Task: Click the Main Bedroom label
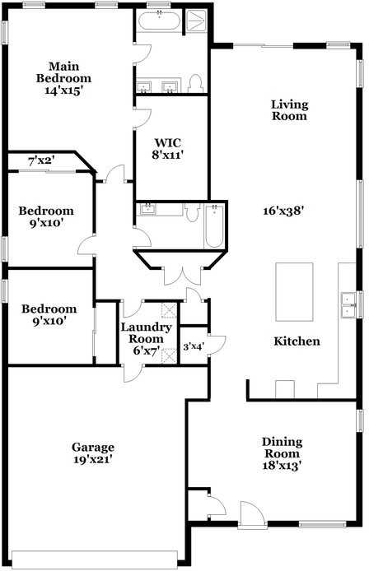[x=63, y=72]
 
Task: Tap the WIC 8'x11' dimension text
[x=167, y=156]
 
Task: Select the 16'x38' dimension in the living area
[x=283, y=211]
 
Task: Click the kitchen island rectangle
[x=294, y=292]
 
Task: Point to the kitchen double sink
[x=348, y=304]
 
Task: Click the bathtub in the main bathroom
[x=160, y=22]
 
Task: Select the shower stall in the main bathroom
[x=196, y=21]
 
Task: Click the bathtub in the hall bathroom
[x=214, y=226]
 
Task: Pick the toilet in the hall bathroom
[x=191, y=212]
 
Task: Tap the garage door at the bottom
[x=95, y=557]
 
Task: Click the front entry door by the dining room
[x=252, y=514]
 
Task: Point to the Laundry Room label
[x=147, y=333]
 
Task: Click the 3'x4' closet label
[x=193, y=346]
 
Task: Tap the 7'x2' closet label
[x=42, y=160]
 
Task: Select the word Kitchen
[x=297, y=341]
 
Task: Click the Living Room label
[x=289, y=110]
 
